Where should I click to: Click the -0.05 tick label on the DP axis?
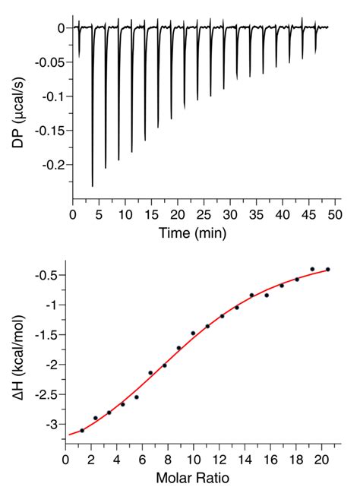pyautogui.click(x=50, y=62)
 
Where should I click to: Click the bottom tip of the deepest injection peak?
pyautogui.click(x=93, y=185)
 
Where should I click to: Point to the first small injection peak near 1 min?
pyautogui.click(x=79, y=56)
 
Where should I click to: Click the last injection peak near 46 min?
pyautogui.click(x=315, y=53)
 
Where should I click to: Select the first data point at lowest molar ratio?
pyautogui.click(x=82, y=430)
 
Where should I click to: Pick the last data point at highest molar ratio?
pyautogui.click(x=328, y=270)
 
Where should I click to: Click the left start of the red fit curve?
pyautogui.click(x=68, y=435)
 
